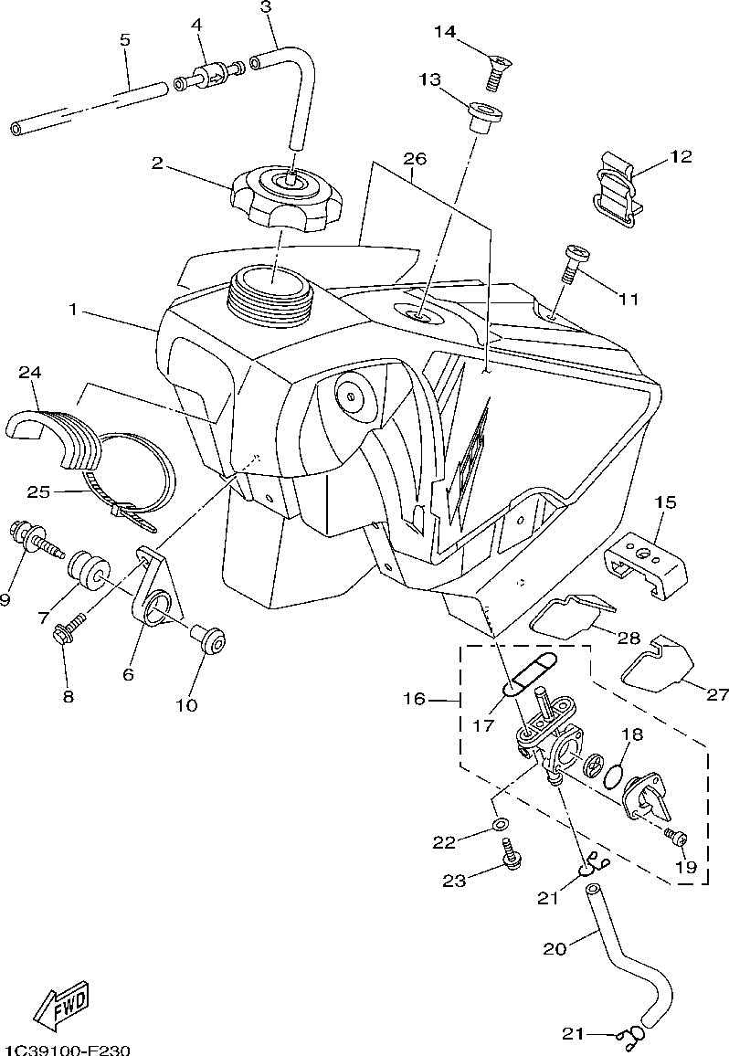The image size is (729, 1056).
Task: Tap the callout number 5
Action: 125,40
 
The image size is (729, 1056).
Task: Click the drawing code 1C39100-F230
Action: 66,1049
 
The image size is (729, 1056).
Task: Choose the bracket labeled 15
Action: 646,554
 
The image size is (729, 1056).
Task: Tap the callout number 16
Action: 414,699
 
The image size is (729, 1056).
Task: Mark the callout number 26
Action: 415,158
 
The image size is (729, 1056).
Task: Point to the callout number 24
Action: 30,372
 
